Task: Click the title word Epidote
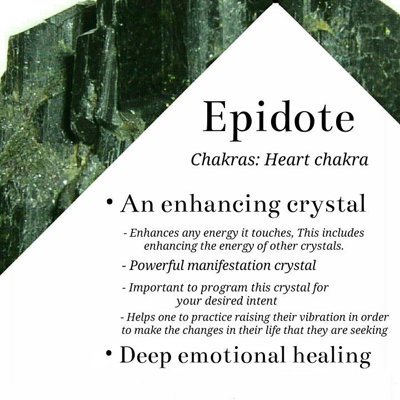(x=278, y=120)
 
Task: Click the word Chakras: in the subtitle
(x=225, y=160)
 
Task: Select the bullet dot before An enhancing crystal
(x=109, y=202)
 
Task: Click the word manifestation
(x=229, y=266)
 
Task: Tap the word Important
(x=156, y=288)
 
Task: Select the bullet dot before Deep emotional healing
(x=109, y=353)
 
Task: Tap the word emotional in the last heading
(x=231, y=355)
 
